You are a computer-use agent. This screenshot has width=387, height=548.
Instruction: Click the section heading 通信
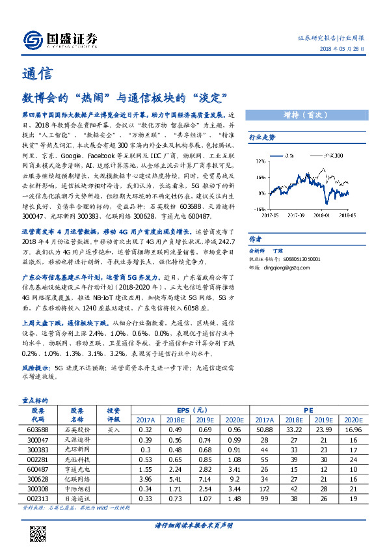[x=34, y=74]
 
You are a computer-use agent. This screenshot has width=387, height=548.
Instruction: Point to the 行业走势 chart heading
[x=263, y=137]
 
